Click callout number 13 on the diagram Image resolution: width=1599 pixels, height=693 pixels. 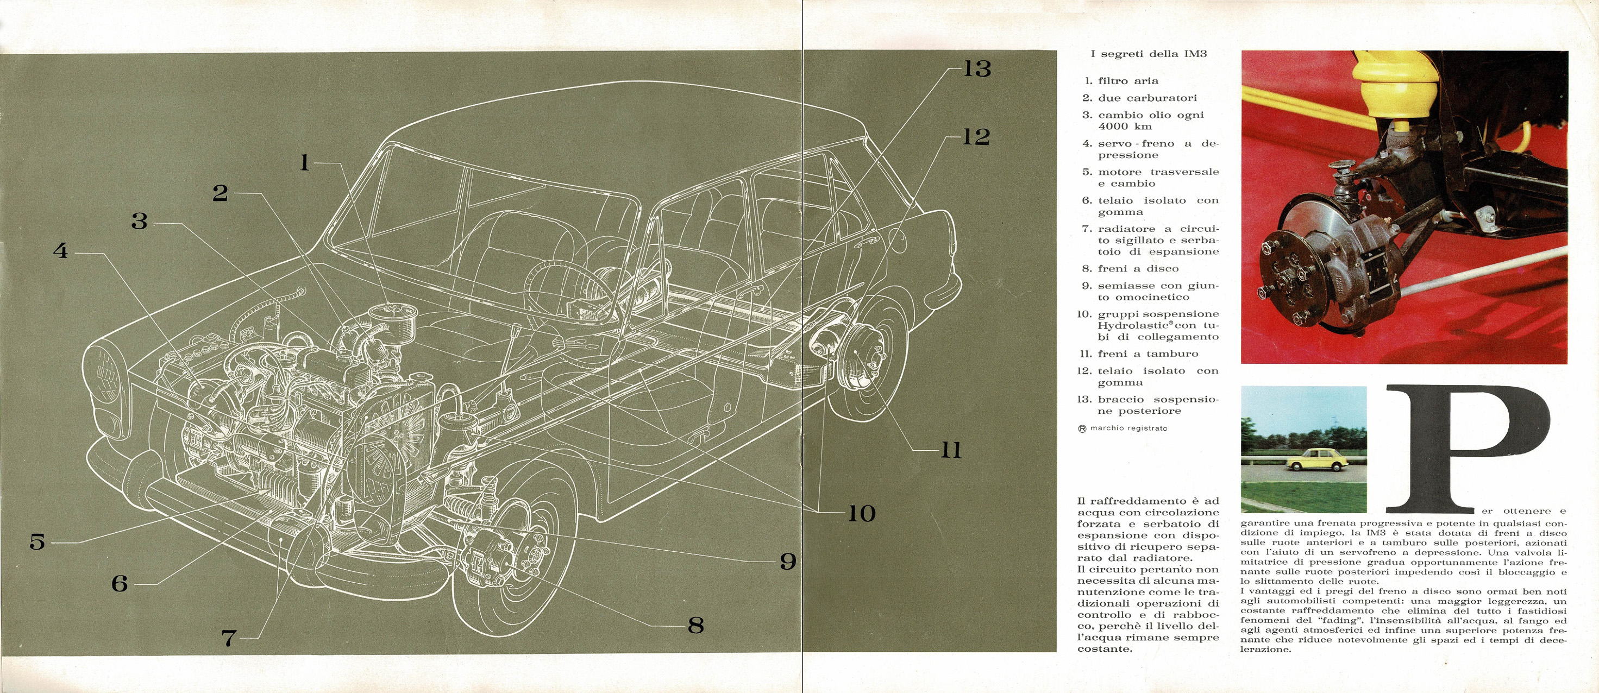click(977, 69)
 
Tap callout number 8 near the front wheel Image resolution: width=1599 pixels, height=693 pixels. click(696, 625)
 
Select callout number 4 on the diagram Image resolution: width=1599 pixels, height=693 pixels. click(60, 251)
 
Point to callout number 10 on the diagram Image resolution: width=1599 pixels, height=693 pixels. click(862, 513)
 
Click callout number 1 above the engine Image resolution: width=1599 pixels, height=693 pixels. click(304, 162)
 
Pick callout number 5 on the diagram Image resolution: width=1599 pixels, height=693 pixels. click(37, 542)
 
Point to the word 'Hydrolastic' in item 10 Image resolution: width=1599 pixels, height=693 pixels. click(1124, 326)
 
